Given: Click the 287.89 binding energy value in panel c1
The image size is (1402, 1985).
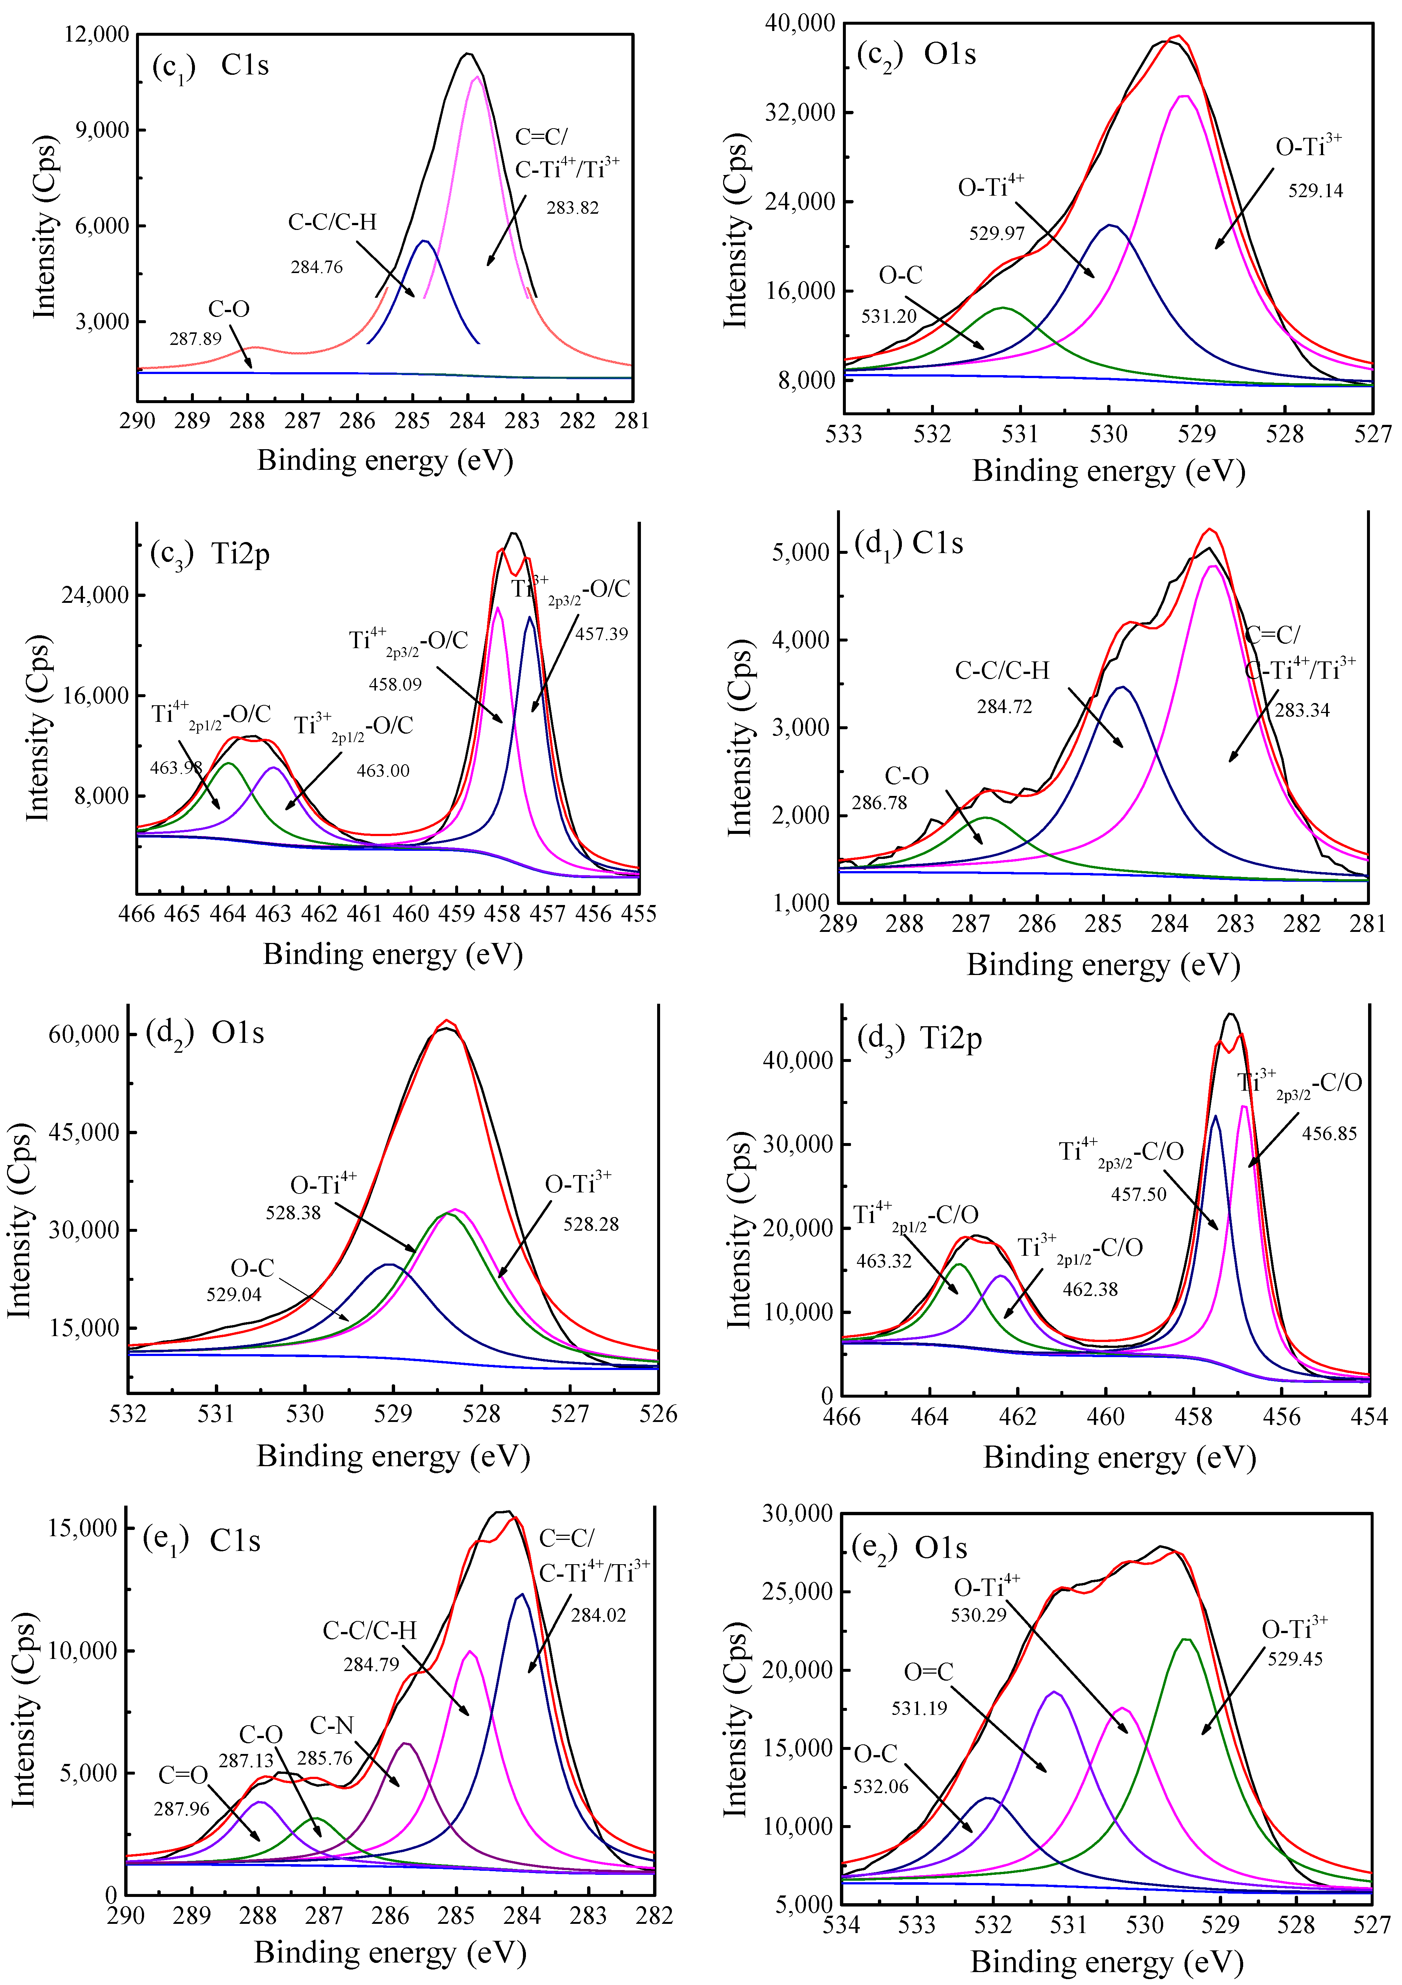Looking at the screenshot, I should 195,339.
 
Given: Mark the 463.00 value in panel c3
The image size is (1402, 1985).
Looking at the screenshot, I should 383,770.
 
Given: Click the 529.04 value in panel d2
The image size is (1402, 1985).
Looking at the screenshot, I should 234,1294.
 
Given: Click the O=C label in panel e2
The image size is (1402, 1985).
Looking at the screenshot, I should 928,1672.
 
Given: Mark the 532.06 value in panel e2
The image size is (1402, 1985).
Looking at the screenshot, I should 880,1786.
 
